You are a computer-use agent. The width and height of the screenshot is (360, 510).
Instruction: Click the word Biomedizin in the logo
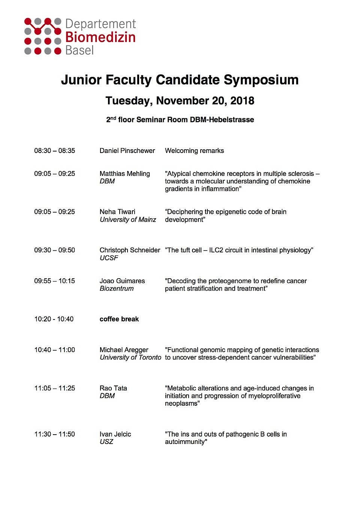coord(100,37)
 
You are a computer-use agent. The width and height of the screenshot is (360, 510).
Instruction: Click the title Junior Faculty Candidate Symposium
coord(180,80)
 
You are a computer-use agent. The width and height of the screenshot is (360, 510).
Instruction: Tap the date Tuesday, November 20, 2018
coord(180,100)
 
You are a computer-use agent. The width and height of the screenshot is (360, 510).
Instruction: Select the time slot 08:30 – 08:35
coord(54,151)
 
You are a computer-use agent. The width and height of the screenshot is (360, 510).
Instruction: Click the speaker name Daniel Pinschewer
coord(127,151)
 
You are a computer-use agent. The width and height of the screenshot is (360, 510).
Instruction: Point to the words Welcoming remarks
coord(194,151)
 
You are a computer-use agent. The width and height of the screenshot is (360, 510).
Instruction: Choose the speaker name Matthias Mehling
coord(124,174)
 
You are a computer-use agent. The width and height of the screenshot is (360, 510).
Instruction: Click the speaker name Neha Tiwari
coord(117,212)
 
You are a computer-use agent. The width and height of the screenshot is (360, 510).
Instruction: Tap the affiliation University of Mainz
coord(127,220)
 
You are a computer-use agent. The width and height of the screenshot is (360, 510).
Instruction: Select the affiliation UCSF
coord(109,258)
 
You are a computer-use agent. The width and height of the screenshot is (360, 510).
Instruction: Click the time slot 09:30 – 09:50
coord(54,250)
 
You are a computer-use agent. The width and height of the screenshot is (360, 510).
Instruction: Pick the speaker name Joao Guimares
coord(122,281)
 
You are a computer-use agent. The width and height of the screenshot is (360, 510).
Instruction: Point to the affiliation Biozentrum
coord(116,289)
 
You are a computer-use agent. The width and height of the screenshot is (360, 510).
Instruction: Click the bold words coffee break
coord(119,319)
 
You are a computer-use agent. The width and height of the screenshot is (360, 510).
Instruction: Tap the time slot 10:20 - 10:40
coord(54,319)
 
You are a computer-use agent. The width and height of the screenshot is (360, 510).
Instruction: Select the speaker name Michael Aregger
coord(124,350)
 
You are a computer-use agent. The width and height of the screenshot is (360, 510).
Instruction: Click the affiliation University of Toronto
coord(130,358)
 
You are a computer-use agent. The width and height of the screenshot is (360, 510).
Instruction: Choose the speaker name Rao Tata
coord(113,388)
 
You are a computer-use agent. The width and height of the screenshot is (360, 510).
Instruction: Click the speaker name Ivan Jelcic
coord(115,434)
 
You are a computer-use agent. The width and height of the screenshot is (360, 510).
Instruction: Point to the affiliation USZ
coord(106,442)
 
